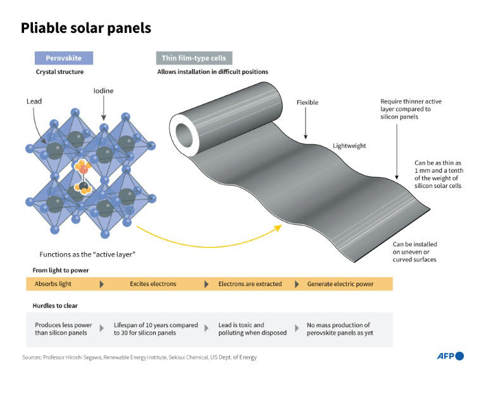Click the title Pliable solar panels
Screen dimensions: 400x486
click(x=86, y=28)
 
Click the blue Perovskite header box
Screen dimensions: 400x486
click(x=63, y=58)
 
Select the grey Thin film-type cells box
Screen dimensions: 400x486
click(x=194, y=58)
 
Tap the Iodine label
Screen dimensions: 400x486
click(x=104, y=91)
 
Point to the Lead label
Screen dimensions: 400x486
click(x=34, y=101)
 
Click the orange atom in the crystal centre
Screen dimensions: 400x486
click(x=82, y=168)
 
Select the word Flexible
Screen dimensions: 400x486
click(x=308, y=103)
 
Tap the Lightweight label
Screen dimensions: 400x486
click(x=349, y=146)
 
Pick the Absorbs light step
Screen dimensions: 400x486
click(x=53, y=284)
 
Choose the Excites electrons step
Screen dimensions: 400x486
click(x=153, y=284)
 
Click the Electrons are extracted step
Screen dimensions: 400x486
click(x=250, y=284)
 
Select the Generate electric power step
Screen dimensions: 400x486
click(x=340, y=284)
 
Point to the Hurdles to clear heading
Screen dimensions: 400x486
click(x=55, y=306)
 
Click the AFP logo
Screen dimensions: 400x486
click(x=450, y=356)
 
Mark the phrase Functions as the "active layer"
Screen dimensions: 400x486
click(x=88, y=254)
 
